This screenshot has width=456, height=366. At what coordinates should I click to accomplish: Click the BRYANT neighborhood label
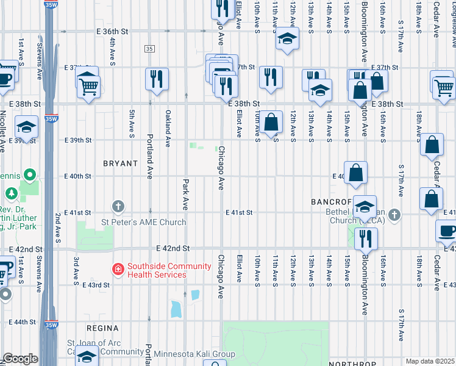coord(120,163)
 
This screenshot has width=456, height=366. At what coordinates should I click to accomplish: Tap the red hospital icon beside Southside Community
coord(118,268)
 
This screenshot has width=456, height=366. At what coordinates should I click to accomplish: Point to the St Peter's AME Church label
coord(143,222)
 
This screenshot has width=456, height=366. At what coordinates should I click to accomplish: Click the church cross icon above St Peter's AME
coord(118,207)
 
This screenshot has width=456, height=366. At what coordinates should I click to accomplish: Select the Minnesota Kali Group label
coord(194,354)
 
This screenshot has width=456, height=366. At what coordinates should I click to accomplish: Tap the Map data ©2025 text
coord(430,361)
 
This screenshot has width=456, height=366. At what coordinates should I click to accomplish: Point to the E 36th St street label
coord(113,31)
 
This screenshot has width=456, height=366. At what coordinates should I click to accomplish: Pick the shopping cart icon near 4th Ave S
coord(89,86)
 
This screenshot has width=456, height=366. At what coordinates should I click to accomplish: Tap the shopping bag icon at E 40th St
coord(356,173)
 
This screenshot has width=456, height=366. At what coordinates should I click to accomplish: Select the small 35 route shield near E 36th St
coord(149,48)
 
